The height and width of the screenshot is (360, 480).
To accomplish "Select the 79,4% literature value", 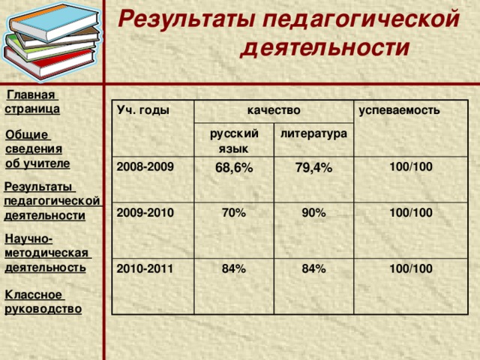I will click(313, 169).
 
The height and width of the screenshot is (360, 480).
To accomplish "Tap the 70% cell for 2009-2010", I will click(233, 214).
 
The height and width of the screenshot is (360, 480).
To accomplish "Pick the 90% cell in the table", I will click(313, 214).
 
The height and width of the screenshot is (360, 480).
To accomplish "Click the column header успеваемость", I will click(399, 110).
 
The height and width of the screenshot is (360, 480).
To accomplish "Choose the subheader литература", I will click(313, 133).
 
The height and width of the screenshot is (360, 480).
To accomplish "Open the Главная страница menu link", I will click(32, 102).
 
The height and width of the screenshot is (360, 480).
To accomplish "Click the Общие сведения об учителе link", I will click(37, 148).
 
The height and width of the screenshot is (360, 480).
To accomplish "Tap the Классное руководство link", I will click(43, 301).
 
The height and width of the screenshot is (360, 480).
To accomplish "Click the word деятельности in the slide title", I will click(325, 49).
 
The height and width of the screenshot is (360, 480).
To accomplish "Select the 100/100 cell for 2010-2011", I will click(410, 268).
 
